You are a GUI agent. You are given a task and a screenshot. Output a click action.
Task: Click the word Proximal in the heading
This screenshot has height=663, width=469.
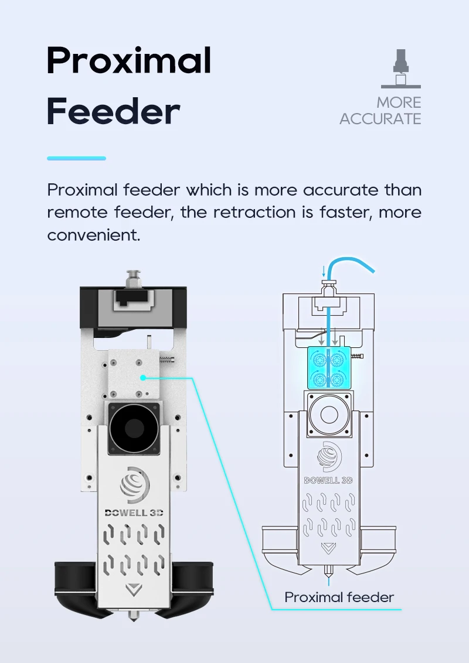pos(128,61)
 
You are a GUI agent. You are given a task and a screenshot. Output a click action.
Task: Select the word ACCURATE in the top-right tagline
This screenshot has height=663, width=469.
pos(380,119)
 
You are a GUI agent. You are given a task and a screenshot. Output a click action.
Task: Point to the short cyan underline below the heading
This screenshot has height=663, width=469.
pos(76,158)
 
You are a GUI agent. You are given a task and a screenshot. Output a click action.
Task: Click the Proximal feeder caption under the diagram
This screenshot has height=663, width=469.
pos(339,597)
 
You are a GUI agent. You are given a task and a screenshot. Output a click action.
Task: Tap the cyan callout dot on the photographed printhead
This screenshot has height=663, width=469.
pos(142,378)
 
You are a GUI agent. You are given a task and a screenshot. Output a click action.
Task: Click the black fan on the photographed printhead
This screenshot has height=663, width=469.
pos(134,429)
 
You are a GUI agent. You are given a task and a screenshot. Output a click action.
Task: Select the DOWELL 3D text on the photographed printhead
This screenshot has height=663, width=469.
pos(134,512)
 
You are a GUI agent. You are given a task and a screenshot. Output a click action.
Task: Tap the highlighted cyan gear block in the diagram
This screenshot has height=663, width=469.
pos(328,367)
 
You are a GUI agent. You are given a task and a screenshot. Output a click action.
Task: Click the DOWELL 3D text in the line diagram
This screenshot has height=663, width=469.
pos(328,480)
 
